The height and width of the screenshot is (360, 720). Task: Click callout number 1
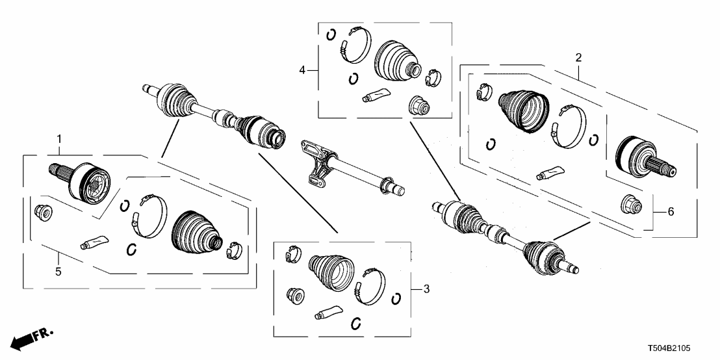click(59, 138)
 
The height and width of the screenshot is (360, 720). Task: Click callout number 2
click(578, 57)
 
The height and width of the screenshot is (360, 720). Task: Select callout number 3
click(426, 288)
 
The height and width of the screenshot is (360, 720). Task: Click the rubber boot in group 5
click(195, 233)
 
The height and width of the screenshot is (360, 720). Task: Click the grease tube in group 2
click(547, 173)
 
